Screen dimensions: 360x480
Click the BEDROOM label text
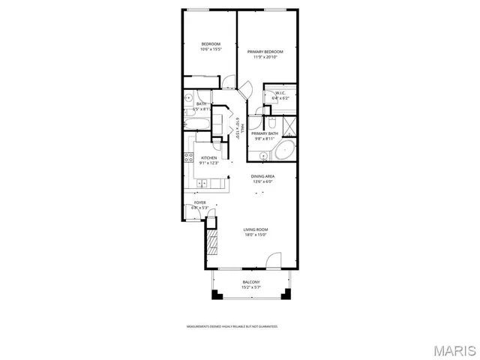point(210,44)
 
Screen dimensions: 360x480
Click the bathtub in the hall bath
point(197,122)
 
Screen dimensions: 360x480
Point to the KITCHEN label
point(208,157)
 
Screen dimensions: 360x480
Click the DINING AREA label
point(262,176)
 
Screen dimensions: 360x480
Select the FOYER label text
point(199,202)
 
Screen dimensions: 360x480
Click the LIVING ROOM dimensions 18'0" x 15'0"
point(255,235)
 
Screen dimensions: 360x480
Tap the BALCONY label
point(250,282)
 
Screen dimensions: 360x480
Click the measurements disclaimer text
point(232,326)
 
